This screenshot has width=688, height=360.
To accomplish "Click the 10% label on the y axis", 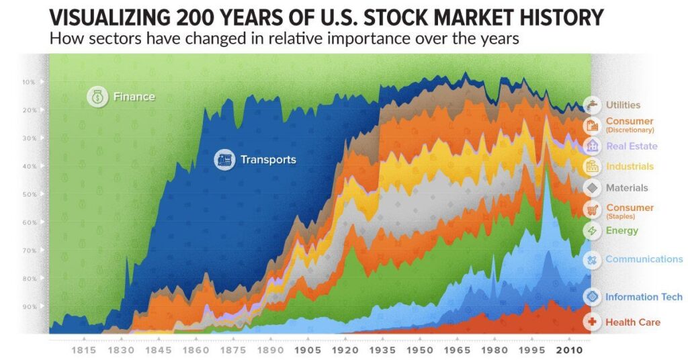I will (x=28, y=82).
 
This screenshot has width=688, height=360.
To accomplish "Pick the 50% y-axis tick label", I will (x=28, y=194).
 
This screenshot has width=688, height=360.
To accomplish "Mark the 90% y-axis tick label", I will (x=28, y=307).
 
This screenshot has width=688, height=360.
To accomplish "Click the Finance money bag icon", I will (x=97, y=97).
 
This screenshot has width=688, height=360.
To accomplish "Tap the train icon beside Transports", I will (x=224, y=160).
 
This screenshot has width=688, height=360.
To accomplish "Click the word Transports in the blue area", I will (x=268, y=160).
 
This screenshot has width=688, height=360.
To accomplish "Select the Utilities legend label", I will (x=623, y=105).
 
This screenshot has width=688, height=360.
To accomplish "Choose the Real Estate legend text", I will (x=632, y=146).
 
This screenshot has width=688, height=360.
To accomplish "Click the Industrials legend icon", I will (x=592, y=167).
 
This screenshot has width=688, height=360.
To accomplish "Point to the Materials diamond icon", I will (x=592, y=188).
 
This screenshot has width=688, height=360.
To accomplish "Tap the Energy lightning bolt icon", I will (x=592, y=231).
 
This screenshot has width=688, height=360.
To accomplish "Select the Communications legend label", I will (x=644, y=259).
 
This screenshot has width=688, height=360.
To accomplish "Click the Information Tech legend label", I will (x=644, y=297).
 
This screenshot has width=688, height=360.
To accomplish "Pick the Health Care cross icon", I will (x=592, y=322).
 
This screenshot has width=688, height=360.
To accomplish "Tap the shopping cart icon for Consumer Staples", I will (x=592, y=210).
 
